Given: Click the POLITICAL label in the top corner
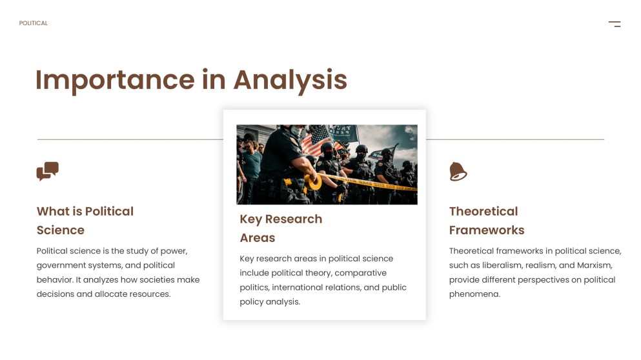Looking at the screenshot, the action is click(x=34, y=23).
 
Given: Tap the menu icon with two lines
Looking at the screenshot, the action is click(x=615, y=24).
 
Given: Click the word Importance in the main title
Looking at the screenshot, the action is click(x=115, y=80).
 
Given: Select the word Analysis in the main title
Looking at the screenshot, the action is click(x=290, y=80).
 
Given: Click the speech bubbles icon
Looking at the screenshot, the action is click(x=47, y=171).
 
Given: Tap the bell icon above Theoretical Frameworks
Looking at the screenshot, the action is click(x=458, y=171).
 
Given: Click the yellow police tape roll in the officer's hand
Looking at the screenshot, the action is click(x=313, y=182).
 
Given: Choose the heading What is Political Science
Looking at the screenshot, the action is click(x=85, y=221).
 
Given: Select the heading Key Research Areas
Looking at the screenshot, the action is click(x=281, y=228).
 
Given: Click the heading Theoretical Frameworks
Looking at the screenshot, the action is click(x=487, y=221).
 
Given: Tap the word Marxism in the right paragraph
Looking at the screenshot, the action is click(x=595, y=265).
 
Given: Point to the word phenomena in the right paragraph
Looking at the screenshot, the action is click(x=474, y=294).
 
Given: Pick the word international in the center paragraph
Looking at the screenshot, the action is click(x=296, y=287).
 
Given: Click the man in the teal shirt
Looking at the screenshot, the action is click(x=251, y=171).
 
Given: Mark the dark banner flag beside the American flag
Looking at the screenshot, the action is click(x=344, y=133).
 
